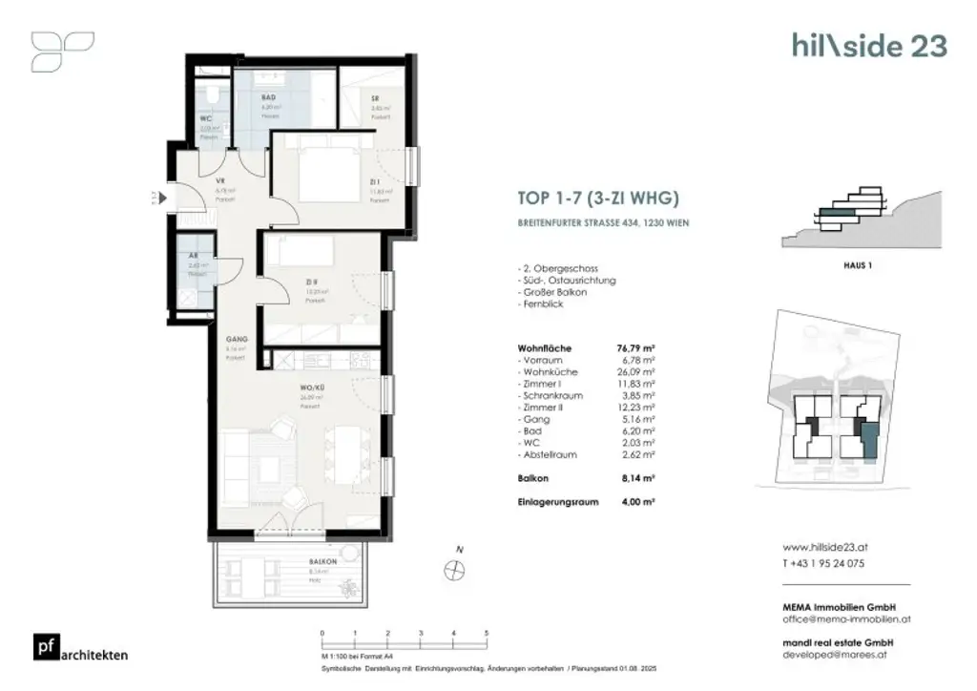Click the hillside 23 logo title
click(x=869, y=46)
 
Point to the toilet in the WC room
click(x=207, y=95)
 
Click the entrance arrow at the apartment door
click(x=163, y=198)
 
